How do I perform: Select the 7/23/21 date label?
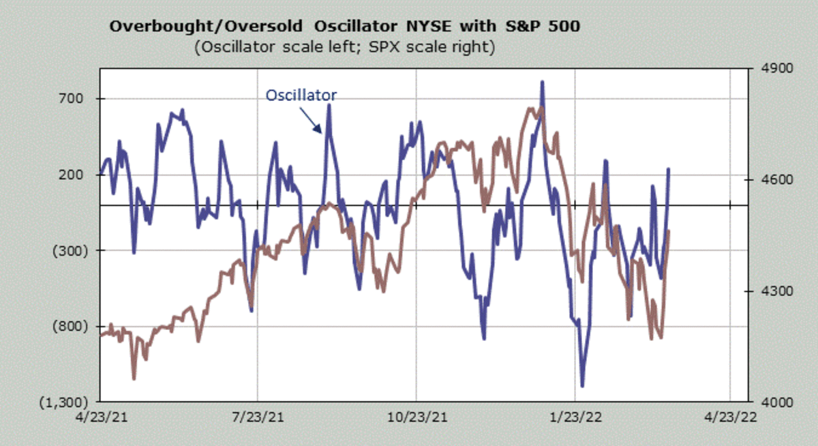coord(257,416)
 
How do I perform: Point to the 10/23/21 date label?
coord(416,416)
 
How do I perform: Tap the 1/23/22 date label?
coord(575,416)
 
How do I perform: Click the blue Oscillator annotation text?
coord(301,95)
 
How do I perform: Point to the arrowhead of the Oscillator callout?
coord(322,132)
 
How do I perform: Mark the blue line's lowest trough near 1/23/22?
coord(583,386)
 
